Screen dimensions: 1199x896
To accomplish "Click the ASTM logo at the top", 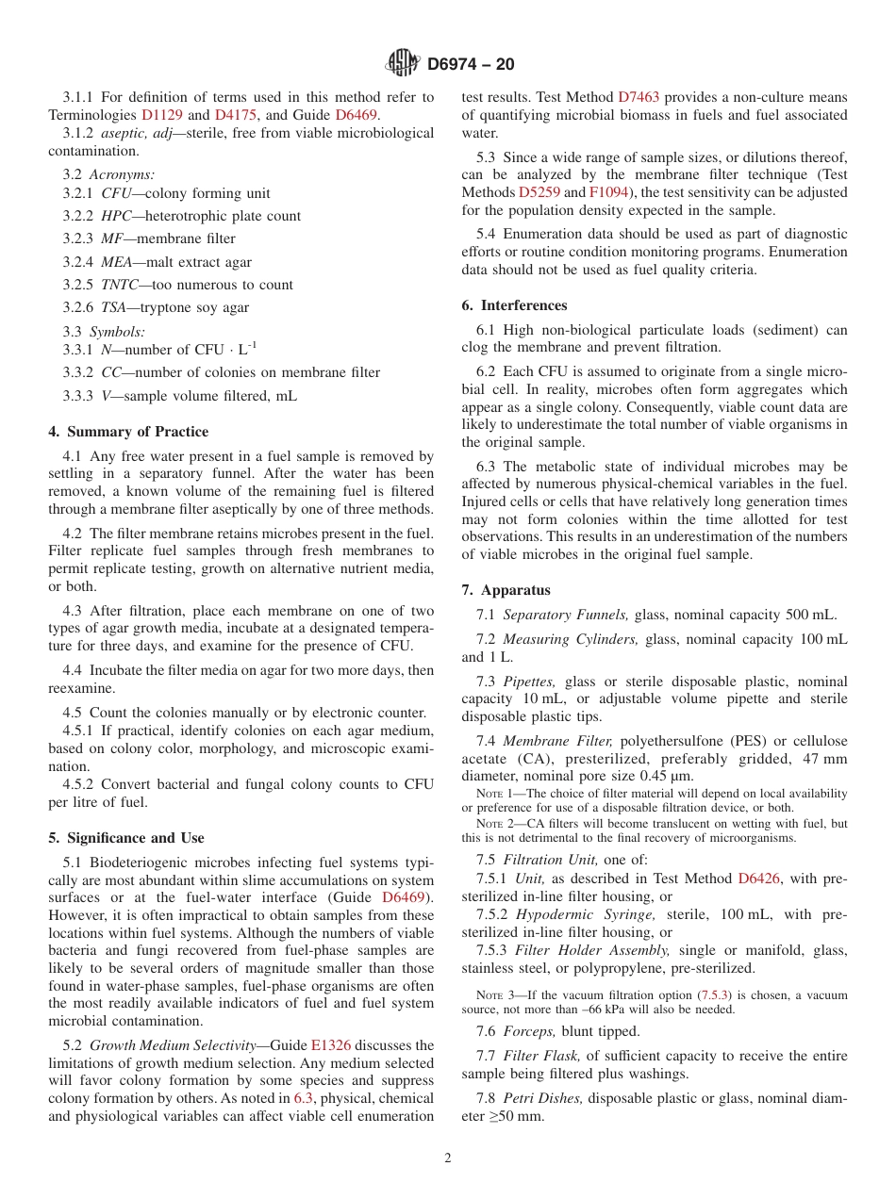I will [x=403, y=63].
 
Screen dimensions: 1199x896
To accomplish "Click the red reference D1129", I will [x=161, y=115].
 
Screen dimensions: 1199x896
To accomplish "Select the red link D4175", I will [x=237, y=115].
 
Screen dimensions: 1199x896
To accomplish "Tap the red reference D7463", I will [x=639, y=97].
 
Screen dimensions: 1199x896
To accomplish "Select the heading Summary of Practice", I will [x=128, y=432].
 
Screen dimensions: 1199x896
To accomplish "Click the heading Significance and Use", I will [x=126, y=838].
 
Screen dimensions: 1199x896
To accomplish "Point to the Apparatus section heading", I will [x=506, y=590].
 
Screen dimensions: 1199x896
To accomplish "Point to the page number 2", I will [x=448, y=1158].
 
